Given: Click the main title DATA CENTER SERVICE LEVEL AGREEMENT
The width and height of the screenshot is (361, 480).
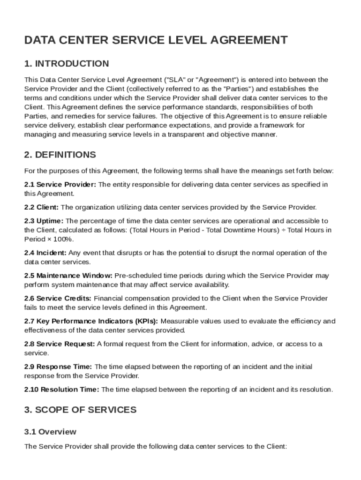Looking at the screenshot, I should point(156,40).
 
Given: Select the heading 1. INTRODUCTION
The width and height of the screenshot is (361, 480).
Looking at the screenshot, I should point(67,64).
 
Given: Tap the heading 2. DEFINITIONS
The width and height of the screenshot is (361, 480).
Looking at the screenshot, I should point(60,155).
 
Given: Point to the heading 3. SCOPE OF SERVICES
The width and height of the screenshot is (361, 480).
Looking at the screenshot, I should point(80,410).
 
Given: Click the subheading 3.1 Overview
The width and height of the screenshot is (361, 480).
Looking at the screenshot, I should point(50,431).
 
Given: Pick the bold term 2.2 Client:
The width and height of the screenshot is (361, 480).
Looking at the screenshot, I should point(42,207).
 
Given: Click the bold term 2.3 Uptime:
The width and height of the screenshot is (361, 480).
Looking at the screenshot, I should point(44,221).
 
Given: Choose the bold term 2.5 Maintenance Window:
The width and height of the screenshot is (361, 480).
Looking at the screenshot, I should point(68,276).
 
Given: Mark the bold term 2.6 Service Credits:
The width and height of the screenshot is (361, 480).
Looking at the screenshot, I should point(58,298).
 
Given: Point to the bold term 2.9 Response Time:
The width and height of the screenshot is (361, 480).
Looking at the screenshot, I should point(58,367).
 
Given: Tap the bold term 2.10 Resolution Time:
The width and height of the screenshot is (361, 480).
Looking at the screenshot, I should point(62,389).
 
